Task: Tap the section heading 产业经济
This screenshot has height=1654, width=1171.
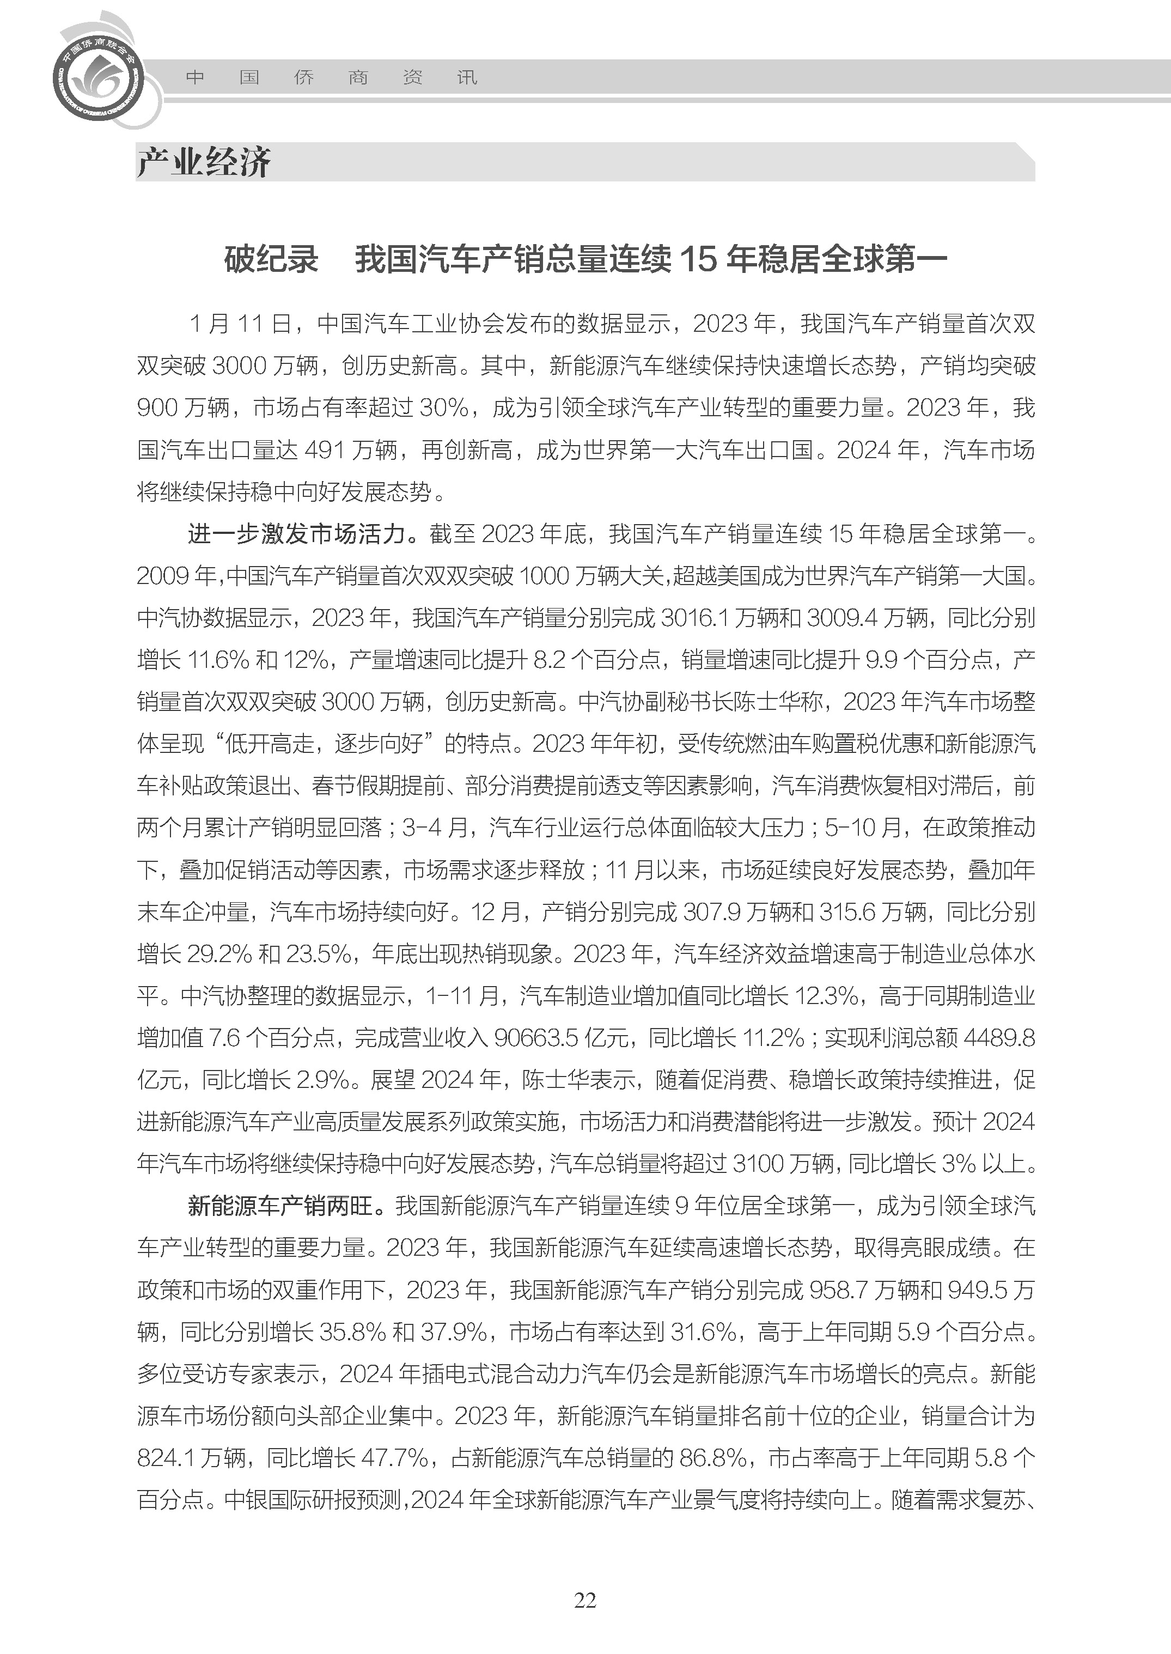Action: tap(204, 162)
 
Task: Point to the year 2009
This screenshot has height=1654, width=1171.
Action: tap(165, 576)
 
